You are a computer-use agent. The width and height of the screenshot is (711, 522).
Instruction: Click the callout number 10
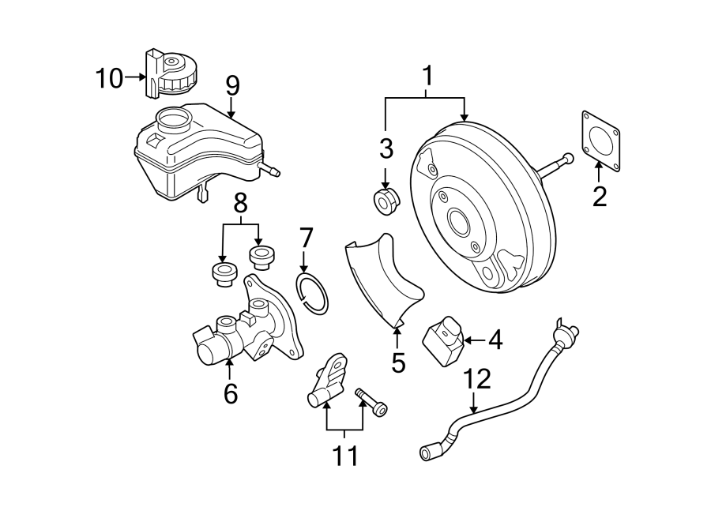click(109, 78)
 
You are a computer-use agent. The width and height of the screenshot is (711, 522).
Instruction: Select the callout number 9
click(232, 86)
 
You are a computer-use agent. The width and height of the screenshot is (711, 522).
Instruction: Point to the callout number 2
click(600, 197)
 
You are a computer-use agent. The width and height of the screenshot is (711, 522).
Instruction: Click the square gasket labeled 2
click(600, 141)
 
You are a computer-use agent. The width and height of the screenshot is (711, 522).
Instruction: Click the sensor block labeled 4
click(444, 341)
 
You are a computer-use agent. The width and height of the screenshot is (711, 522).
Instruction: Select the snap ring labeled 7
click(312, 293)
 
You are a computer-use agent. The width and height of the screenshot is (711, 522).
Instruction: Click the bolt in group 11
click(372, 402)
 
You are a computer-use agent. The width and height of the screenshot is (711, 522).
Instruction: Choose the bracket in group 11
click(327, 379)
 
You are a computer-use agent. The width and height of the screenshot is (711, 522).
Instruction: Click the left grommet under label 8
click(223, 273)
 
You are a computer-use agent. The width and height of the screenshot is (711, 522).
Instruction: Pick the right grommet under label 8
click(261, 257)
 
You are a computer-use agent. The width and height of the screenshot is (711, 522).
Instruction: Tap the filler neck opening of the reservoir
click(173, 118)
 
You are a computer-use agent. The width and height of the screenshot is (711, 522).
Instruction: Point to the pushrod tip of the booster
click(566, 159)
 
